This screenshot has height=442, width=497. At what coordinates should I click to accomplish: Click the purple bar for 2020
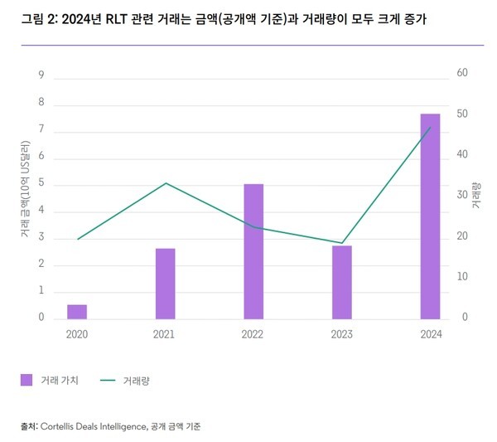[77, 311]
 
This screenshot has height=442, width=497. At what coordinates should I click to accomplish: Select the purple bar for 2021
[166, 283]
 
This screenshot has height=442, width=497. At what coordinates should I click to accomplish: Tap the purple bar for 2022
[253, 251]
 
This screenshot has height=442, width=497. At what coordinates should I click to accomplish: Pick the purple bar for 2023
[342, 282]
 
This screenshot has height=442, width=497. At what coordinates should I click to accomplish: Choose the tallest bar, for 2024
[430, 216]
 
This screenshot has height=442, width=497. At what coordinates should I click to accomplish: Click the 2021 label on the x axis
[163, 333]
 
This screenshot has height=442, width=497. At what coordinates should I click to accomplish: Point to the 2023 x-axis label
[340, 333]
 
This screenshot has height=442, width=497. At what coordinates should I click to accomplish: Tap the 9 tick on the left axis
[41, 75]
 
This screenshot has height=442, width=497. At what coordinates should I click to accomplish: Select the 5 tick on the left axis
[41, 184]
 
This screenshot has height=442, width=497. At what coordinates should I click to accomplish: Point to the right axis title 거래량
[476, 195]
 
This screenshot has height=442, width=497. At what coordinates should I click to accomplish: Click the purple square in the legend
[26, 380]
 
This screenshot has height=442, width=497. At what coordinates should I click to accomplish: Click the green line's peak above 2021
[166, 183]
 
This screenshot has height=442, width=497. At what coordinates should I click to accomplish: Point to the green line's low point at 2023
[342, 243]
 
